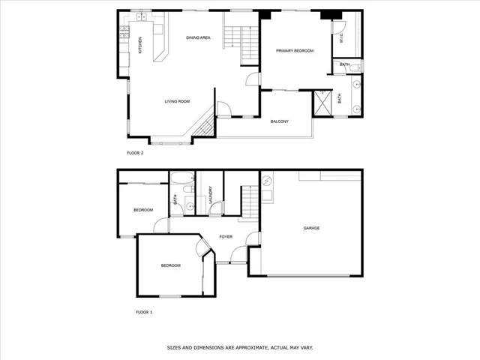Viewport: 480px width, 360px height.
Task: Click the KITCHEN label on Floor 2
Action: [x=139, y=45]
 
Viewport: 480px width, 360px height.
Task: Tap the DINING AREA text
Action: [x=198, y=37]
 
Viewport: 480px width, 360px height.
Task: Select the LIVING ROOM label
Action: [x=177, y=101]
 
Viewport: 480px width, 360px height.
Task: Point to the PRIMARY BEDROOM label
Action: [x=294, y=50]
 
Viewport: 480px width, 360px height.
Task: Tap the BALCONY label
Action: [x=280, y=121]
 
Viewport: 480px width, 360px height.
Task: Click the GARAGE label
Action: [x=311, y=228]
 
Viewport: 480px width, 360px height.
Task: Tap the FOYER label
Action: [x=225, y=237]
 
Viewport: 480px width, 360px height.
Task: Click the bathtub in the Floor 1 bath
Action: [x=182, y=178]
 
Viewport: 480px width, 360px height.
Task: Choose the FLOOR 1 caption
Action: [x=144, y=311]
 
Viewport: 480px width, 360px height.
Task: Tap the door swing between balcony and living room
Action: [x=223, y=109]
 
